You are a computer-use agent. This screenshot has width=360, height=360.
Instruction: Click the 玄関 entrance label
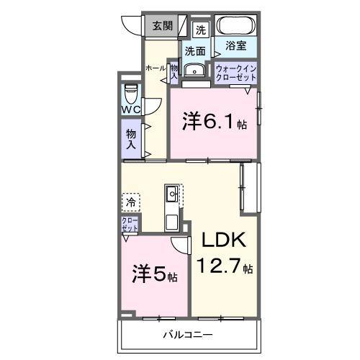pyautogui.click(x=162, y=27)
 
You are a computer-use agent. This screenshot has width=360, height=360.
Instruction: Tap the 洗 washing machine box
pyautogui.click(x=201, y=30)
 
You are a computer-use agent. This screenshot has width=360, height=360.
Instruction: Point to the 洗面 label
pyautogui.click(x=194, y=51)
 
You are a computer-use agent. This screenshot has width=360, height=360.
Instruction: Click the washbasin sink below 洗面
pyautogui.click(x=194, y=71)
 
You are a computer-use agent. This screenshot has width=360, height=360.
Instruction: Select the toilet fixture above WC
pyautogui.click(x=130, y=94)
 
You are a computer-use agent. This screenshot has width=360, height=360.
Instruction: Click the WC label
pyautogui.click(x=130, y=109)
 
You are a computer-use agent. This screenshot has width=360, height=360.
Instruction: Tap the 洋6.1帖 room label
pyautogui.click(x=214, y=122)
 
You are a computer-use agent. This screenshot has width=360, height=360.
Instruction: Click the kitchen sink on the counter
pyautogui.click(x=174, y=194)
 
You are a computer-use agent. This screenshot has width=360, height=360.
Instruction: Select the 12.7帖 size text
pyautogui.click(x=225, y=267)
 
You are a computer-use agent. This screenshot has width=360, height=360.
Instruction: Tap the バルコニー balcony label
pyautogui.click(x=187, y=335)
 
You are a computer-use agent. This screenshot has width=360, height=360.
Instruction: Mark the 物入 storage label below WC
pyautogui.click(x=131, y=138)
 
